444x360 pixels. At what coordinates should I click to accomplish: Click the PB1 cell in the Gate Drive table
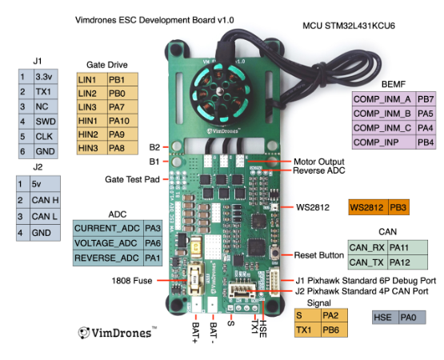coord(122,79)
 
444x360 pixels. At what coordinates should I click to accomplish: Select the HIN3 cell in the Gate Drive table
coord(92,148)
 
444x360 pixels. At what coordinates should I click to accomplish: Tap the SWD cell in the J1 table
coord(46,122)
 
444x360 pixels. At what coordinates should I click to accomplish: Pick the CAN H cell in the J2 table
coord(45,200)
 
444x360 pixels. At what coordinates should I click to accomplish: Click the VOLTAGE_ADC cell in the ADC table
coord(108,243)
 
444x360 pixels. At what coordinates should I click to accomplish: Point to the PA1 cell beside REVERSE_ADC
coord(153,258)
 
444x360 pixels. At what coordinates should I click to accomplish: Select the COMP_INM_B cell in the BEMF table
coord(384,114)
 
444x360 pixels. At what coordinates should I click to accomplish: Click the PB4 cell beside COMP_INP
coord(426,142)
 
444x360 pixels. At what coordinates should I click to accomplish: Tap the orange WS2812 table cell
coord(368,207)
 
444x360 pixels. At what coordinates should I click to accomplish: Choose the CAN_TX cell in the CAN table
coord(367,262)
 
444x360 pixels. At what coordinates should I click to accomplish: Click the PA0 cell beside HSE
coord(412,318)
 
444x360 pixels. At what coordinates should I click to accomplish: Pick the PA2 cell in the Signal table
coord(334,315)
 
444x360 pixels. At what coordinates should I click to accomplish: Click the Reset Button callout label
coord(319,255)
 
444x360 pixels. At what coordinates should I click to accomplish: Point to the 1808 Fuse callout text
coord(132,281)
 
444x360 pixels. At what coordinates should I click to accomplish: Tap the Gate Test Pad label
coord(132,179)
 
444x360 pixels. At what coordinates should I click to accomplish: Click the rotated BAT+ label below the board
coord(195,333)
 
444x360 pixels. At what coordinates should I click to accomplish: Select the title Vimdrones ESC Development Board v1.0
coord(154,20)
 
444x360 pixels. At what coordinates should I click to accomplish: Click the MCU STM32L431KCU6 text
coord(349,26)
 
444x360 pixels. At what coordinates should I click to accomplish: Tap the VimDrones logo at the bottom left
coord(118,333)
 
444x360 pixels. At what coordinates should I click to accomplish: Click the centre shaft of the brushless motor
coord(219,90)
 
